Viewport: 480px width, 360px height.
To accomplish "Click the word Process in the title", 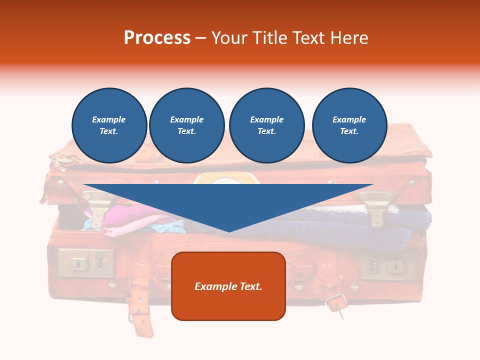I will [x=157, y=38].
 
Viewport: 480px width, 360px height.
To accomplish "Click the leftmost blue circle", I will [x=109, y=125].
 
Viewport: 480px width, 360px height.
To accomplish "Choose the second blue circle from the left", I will [x=186, y=125].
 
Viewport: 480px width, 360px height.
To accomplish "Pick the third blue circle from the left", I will [x=266, y=125].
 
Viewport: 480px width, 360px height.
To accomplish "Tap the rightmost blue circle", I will [x=349, y=125].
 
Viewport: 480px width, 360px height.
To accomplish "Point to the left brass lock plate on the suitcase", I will [x=85, y=263].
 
